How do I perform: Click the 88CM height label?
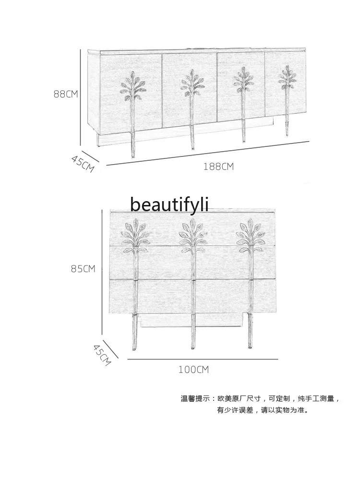[x=65, y=94]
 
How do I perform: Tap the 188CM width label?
[x=218, y=167]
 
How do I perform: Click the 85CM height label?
[x=83, y=269]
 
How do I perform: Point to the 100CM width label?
[x=194, y=370]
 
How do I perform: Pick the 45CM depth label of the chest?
[x=102, y=354]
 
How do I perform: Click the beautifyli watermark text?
[x=169, y=204]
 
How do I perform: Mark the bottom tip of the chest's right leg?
[x=250, y=347]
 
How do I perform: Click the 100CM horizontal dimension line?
[x=203, y=359]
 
